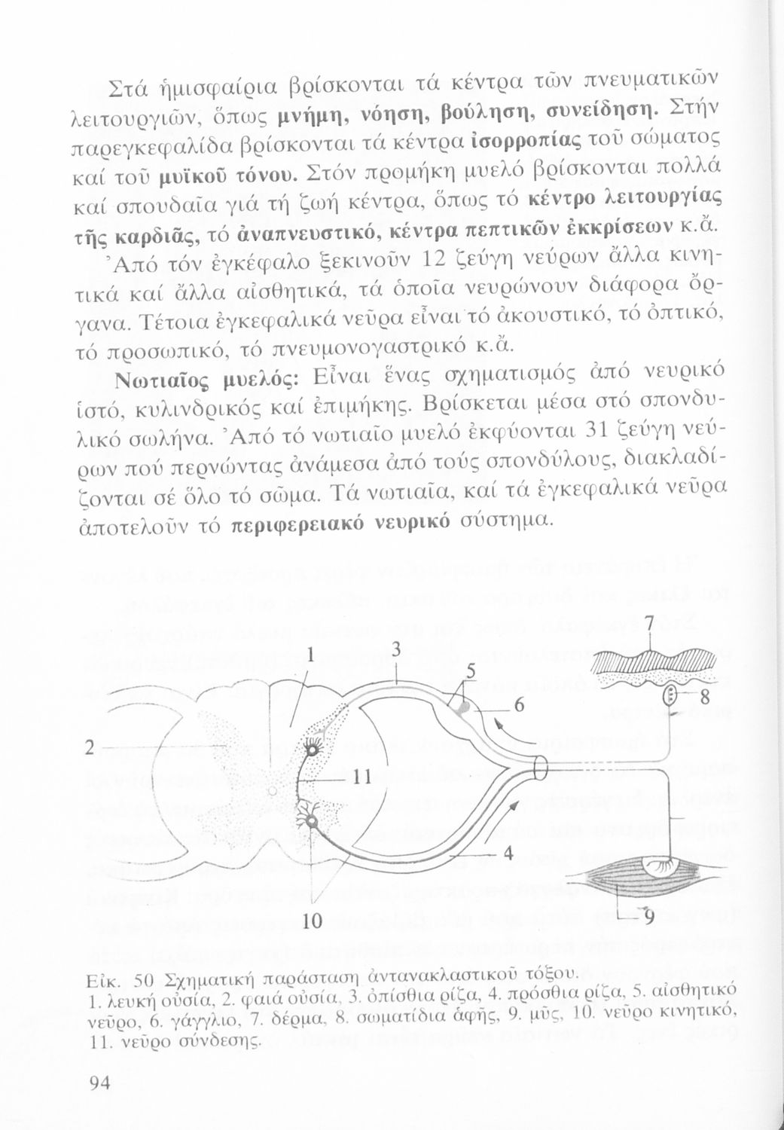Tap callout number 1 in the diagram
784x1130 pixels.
coord(310,655)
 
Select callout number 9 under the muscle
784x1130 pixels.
coord(646,917)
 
